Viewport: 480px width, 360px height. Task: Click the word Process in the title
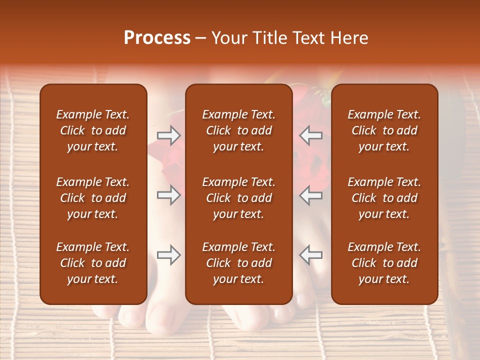pyautogui.click(x=157, y=38)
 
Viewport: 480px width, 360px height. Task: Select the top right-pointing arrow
pyautogui.click(x=168, y=135)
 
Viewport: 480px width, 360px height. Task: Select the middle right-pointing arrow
pyautogui.click(x=168, y=195)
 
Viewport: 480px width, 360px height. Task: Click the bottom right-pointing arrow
pyautogui.click(x=168, y=255)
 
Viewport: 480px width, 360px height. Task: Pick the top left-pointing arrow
pyautogui.click(x=311, y=135)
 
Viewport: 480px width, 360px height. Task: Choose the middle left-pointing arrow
pyautogui.click(x=311, y=195)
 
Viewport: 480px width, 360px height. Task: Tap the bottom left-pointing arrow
pyautogui.click(x=311, y=255)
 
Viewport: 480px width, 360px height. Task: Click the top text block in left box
pyautogui.click(x=93, y=130)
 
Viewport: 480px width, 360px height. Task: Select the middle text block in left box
pyautogui.click(x=93, y=198)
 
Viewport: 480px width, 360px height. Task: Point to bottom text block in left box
pyautogui.click(x=93, y=263)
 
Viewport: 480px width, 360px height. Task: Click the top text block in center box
pyautogui.click(x=238, y=130)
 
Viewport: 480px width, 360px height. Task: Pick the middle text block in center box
pyautogui.click(x=238, y=198)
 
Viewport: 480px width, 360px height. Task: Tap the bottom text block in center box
pyautogui.click(x=238, y=263)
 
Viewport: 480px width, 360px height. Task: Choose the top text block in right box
pyautogui.click(x=384, y=130)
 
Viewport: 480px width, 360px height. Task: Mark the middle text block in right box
pyautogui.click(x=384, y=198)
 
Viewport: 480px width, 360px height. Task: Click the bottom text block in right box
pyautogui.click(x=384, y=263)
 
